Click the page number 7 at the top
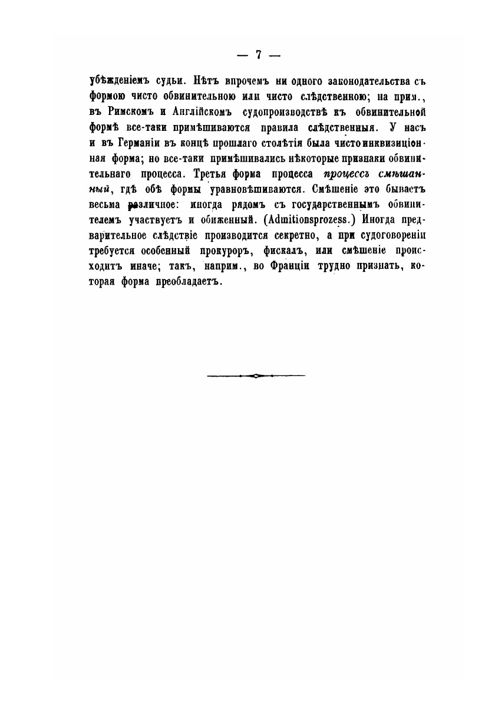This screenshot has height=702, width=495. (258, 55)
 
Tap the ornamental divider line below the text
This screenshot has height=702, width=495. (256, 375)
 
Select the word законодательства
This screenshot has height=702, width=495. (335, 82)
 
